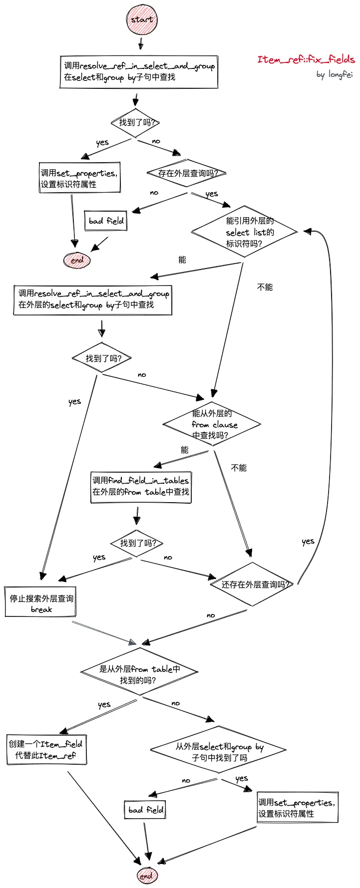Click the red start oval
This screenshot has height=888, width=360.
tap(142, 20)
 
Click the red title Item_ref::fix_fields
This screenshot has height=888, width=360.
tap(306, 59)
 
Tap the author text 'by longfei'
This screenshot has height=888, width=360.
tap(334, 75)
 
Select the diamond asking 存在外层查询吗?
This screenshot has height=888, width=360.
tap(187, 173)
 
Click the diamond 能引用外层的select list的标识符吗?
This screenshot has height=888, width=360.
tap(244, 232)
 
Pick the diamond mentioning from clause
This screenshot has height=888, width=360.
tap(212, 424)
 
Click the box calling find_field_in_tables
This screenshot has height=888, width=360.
tap(140, 486)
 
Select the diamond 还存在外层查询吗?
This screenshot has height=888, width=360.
tap(252, 584)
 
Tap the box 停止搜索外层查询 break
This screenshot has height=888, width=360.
tap(40, 602)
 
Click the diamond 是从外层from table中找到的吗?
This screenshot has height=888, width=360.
tap(139, 674)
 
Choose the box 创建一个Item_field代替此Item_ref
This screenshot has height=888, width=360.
tap(46, 749)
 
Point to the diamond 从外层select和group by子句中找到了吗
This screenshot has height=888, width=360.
tap(219, 752)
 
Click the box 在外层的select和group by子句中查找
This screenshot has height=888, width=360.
tap(92, 299)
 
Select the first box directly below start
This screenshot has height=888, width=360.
tap(139, 72)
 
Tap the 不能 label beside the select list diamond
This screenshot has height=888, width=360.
tap(265, 287)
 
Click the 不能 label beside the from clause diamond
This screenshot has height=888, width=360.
tap(239, 468)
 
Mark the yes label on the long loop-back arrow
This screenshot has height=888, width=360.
tap(308, 542)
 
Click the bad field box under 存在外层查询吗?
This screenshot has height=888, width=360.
tap(106, 221)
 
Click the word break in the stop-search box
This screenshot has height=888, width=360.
tap(41, 609)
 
